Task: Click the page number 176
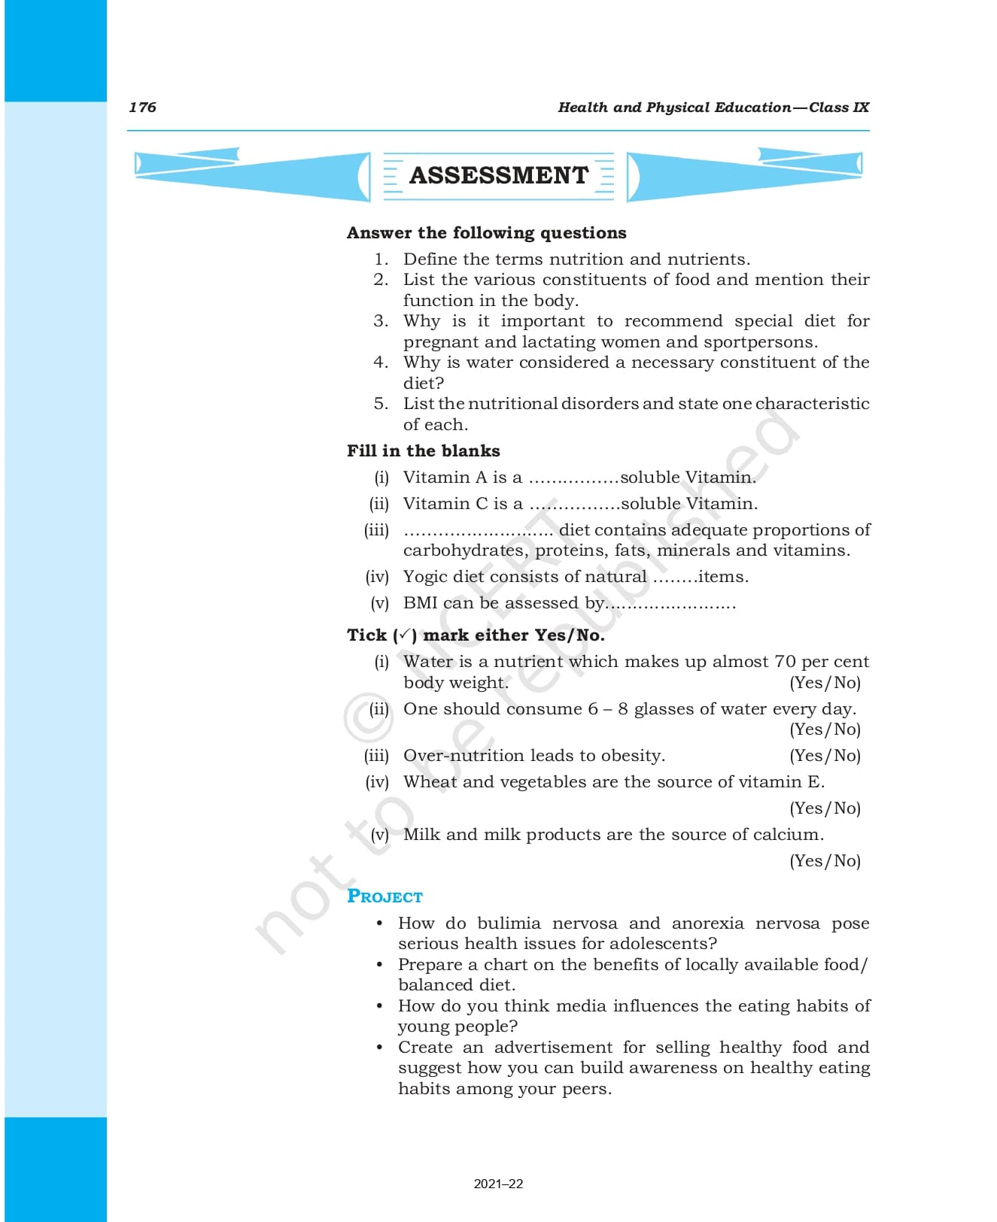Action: pos(142,107)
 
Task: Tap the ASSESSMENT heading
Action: pos(498,175)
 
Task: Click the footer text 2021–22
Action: pos(498,1184)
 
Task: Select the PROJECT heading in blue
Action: pos(385,896)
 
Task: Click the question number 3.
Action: pos(381,321)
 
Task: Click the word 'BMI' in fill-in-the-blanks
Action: pos(420,603)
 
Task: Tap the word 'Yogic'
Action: pos(425,577)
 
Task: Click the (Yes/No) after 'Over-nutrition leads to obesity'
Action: pos(825,756)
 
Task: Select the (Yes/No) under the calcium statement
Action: pos(825,861)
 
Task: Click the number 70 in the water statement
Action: pos(785,662)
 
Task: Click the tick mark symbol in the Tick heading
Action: pos(405,635)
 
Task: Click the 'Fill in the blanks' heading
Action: pos(423,450)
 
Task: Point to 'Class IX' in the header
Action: pos(839,107)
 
